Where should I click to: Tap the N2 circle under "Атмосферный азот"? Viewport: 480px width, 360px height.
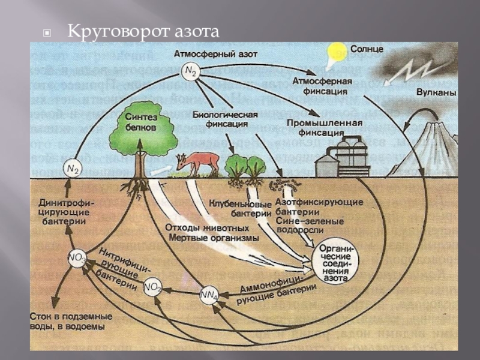[x=191, y=71]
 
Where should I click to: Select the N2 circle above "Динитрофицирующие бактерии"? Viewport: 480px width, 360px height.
[x=73, y=170]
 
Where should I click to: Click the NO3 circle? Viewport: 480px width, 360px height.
[x=77, y=259]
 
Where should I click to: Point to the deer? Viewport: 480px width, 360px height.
[x=197, y=163]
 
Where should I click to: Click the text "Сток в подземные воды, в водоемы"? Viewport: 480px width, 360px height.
[x=68, y=322]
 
